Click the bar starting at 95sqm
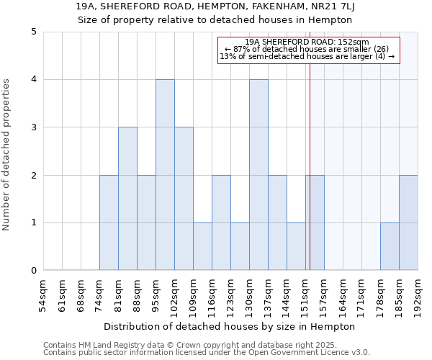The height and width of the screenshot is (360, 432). coord(165,175)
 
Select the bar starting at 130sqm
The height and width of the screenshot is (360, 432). coord(258,175)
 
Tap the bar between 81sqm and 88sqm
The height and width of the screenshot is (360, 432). coord(127,199)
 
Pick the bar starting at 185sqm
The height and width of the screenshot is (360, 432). coord(408,222)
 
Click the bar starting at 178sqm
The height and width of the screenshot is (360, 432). coord(390,246)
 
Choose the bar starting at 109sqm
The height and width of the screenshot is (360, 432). coord(202,246)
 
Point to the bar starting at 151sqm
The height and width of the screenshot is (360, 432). coord(315,222)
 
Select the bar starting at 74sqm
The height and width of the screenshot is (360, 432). coord(109,222)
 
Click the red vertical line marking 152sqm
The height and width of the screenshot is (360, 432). coord(310,180)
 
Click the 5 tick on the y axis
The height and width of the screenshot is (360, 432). coord(33,32)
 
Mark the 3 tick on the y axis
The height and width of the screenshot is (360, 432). coord(33,127)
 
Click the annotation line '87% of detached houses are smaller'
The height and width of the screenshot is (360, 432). coord(307,49)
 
